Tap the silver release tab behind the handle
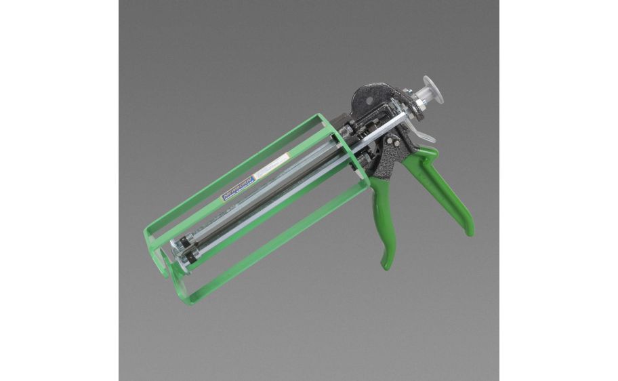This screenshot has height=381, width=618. point(421,140)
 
